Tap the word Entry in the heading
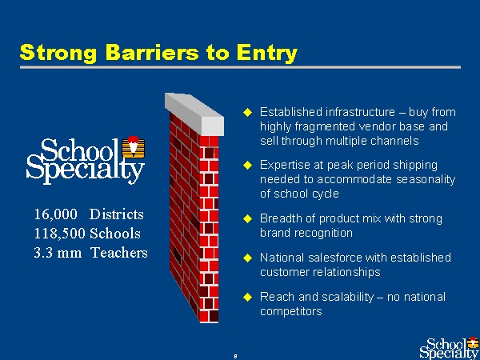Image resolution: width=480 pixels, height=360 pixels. [x=266, y=54]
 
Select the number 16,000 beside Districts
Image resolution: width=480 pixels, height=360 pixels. [x=56, y=214]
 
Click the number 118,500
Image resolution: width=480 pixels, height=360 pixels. [x=59, y=234]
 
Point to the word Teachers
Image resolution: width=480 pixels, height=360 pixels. [x=119, y=253]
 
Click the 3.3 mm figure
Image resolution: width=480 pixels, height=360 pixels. [x=58, y=253]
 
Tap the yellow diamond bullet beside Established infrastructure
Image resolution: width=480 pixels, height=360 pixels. [x=247, y=112]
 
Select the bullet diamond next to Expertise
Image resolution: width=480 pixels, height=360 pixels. [x=247, y=166]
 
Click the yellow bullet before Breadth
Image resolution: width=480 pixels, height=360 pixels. [x=247, y=219]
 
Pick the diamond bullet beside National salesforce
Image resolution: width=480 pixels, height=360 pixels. [x=247, y=258]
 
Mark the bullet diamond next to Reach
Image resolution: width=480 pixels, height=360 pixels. [x=247, y=297]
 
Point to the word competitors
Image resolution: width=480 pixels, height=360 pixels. [x=291, y=312]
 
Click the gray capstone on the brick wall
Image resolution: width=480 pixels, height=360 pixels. [x=194, y=114]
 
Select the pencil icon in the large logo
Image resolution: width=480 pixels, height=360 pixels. [x=134, y=147]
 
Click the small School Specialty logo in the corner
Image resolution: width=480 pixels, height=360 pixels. [x=450, y=348]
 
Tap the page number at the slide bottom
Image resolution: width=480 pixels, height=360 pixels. [x=235, y=356]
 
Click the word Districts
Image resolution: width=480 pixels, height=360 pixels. [x=116, y=214]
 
